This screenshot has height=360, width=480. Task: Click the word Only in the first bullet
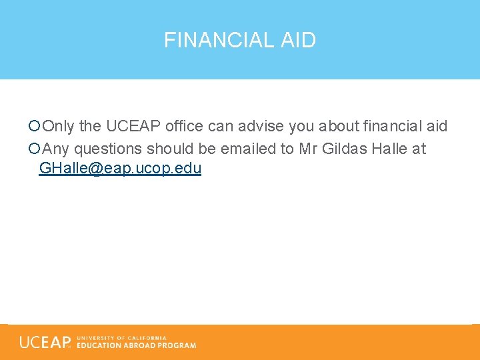tap(59, 126)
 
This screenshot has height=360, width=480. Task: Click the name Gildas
tap(343, 149)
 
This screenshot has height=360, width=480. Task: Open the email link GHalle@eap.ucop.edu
tap(120, 168)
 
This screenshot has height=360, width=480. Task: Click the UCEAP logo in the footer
tap(45, 342)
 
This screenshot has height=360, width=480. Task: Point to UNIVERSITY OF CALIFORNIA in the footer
tap(121, 338)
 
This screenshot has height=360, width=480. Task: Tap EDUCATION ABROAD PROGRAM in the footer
tap(137, 345)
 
